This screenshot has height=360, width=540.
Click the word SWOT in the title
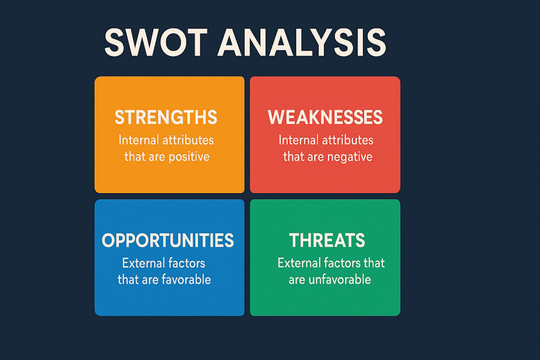(155, 43)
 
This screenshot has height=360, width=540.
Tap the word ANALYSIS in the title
(302, 43)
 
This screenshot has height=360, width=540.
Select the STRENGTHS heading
(166, 117)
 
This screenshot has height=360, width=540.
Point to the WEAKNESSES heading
(325, 117)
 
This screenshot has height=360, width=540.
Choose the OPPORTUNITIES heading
(168, 240)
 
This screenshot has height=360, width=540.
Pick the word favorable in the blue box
(187, 280)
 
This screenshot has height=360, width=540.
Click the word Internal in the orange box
(138, 140)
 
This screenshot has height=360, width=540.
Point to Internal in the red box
(298, 140)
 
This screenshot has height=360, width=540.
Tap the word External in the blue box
(143, 264)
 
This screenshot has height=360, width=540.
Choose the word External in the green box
(299, 263)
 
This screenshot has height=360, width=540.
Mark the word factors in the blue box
(186, 264)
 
